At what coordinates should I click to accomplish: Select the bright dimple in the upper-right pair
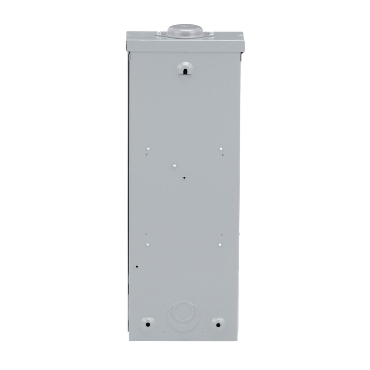(221, 149)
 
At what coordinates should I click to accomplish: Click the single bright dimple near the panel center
(174, 166)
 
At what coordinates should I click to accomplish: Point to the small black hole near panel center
(184, 178)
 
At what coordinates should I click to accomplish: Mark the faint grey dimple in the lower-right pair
(221, 235)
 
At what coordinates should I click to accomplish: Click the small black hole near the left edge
(137, 266)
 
